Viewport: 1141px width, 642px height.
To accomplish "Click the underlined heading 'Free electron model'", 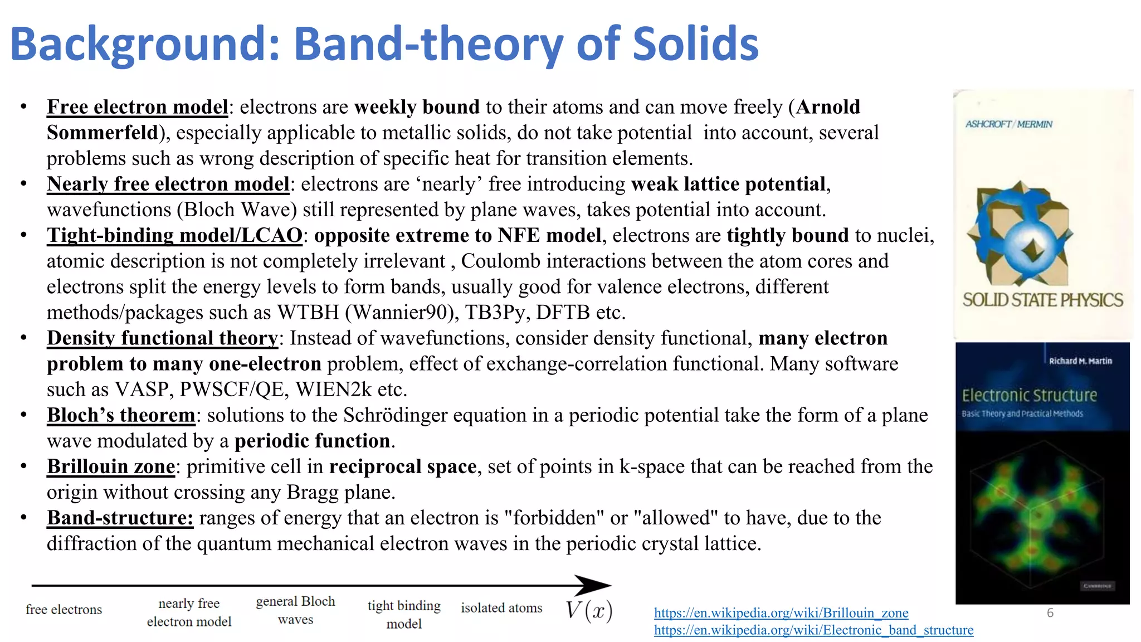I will point(138,107).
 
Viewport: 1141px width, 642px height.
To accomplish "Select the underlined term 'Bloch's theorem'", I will point(121,415).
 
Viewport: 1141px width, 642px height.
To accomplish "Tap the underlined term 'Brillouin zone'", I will point(111,466).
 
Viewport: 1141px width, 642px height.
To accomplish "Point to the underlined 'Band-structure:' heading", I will point(120,518).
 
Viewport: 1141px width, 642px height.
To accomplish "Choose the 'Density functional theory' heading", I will point(162,338).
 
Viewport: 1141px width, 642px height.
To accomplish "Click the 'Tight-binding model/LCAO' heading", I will point(174,235).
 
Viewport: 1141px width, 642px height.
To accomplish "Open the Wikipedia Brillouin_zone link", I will point(781,613).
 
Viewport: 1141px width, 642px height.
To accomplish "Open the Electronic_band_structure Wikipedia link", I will point(813,630).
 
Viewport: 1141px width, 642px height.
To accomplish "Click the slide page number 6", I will point(1050,613).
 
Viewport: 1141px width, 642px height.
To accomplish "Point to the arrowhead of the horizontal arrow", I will point(594,585).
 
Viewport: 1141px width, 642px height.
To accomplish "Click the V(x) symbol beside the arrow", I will point(589,610).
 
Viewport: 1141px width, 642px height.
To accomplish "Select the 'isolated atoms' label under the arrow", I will point(501,608).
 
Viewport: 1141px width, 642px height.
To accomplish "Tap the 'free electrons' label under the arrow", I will point(64,610).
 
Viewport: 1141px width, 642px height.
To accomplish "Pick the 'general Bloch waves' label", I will point(295,610).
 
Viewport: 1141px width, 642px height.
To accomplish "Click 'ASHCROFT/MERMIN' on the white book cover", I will point(1008,124).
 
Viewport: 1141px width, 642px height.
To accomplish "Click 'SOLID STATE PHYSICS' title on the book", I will point(1042,300).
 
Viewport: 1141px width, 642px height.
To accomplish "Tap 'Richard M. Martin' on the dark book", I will point(1080,361).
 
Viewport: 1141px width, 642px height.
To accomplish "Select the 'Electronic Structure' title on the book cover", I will point(1029,396).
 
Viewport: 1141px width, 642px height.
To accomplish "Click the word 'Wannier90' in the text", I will point(397,313).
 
